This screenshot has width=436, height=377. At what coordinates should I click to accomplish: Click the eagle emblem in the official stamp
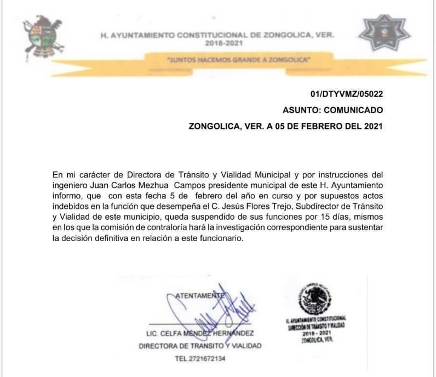tap(315, 300)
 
